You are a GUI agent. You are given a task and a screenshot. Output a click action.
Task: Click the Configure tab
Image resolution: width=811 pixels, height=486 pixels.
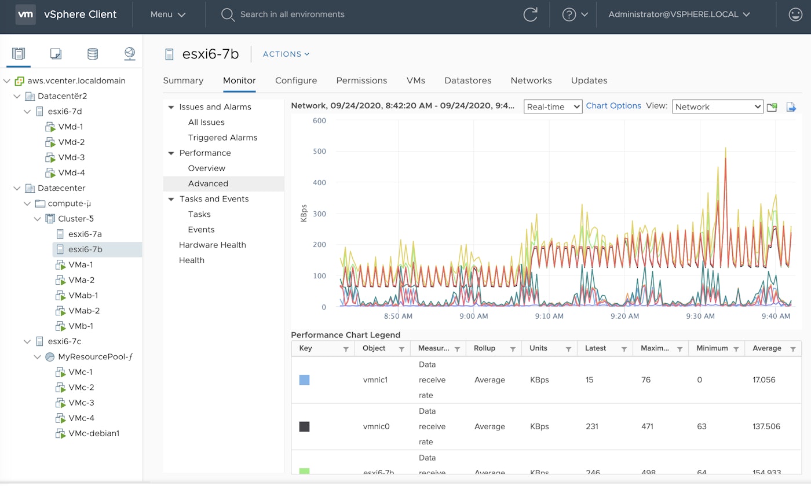coord(295,80)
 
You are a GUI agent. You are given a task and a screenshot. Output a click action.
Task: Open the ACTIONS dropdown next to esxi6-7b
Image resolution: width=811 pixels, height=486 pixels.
coord(286,54)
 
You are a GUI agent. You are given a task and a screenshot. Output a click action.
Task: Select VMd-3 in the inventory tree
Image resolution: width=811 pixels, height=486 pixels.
coord(71,157)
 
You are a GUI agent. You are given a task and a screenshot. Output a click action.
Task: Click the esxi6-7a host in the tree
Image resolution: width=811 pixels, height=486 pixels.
coord(85,234)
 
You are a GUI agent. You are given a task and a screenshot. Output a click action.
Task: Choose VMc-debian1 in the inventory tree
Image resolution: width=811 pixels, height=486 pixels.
coord(93,433)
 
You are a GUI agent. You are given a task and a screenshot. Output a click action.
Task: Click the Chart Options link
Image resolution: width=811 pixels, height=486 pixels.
coord(613,106)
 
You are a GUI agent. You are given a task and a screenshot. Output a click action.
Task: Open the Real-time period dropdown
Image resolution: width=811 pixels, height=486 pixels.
coord(553,106)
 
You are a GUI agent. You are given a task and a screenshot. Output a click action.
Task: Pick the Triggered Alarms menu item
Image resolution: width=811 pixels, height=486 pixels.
coord(222,137)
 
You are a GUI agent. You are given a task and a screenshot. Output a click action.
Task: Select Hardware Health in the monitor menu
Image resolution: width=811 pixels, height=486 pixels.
coord(212,245)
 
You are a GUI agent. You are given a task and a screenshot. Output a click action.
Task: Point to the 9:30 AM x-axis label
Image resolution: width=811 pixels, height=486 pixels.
coord(701,316)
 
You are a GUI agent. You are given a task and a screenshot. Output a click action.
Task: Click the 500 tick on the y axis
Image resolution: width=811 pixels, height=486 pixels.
coord(319,152)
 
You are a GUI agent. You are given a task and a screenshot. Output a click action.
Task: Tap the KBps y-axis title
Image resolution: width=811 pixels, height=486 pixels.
coord(304,214)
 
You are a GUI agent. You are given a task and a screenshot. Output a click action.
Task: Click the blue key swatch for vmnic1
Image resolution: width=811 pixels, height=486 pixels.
coord(304,380)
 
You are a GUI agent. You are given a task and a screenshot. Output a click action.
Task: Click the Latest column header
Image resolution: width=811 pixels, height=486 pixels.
coord(596,348)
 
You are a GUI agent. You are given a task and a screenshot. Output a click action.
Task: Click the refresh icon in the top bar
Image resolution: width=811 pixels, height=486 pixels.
coord(530,14)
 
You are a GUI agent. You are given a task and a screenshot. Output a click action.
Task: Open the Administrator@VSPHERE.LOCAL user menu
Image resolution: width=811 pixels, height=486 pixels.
coord(679,14)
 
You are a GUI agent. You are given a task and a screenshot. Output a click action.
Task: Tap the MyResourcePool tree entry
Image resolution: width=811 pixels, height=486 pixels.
coord(95,356)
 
